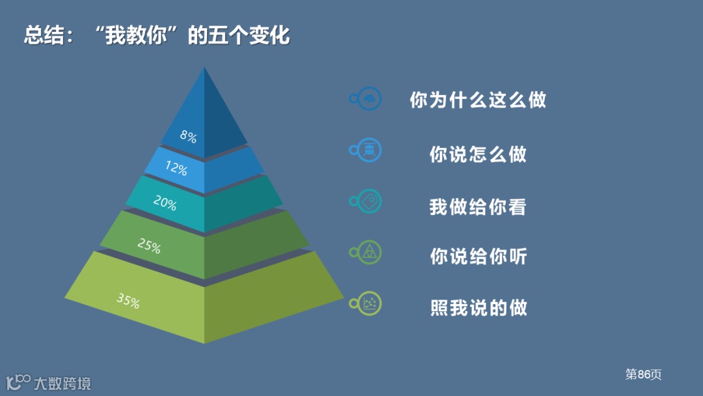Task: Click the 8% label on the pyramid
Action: pos(188,136)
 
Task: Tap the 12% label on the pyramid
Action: pos(176,169)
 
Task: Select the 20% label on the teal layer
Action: pos(165,203)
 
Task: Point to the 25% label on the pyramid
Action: pos(149,246)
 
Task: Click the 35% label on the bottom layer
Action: pos(128,300)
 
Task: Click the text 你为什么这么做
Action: pos(478,100)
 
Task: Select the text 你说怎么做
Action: pos(478,154)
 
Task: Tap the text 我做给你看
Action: pos(478,207)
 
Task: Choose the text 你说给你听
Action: pos(478,256)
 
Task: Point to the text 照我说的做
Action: pos(478,307)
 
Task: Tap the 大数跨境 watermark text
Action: pos(62,382)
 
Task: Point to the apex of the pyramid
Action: pos(204,68)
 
